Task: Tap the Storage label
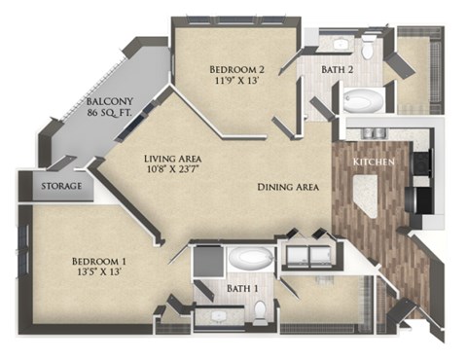[60, 185]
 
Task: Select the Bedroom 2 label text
[233, 69]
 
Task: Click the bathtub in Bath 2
[364, 101]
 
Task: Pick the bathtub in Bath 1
[250, 259]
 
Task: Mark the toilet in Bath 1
[260, 310]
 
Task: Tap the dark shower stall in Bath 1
[206, 263]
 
